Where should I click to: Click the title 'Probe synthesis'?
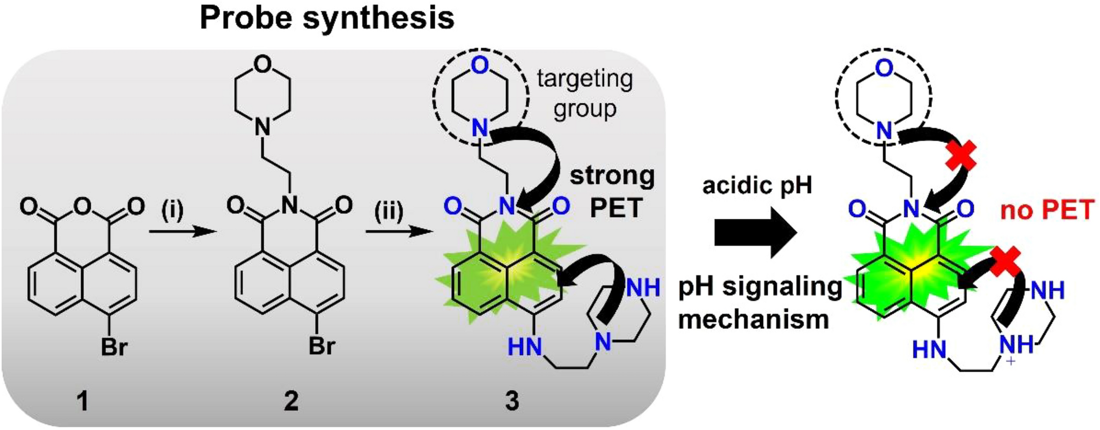pyautogui.click(x=327, y=19)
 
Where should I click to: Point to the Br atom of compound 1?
pyautogui.click(x=114, y=348)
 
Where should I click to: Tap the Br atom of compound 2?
pyautogui.click(x=321, y=346)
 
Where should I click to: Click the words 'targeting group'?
pyautogui.click(x=585, y=93)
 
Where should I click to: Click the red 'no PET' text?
pyautogui.click(x=1047, y=211)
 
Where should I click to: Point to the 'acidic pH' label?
pyautogui.click(x=757, y=186)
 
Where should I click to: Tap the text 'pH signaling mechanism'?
pyautogui.click(x=760, y=303)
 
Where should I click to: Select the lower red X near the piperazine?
pyautogui.click(x=1007, y=262)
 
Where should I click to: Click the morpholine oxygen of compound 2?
pyautogui.click(x=263, y=64)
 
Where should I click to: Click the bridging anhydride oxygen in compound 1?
pyautogui.click(x=82, y=207)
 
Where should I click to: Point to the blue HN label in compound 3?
pyautogui.click(x=524, y=347)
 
